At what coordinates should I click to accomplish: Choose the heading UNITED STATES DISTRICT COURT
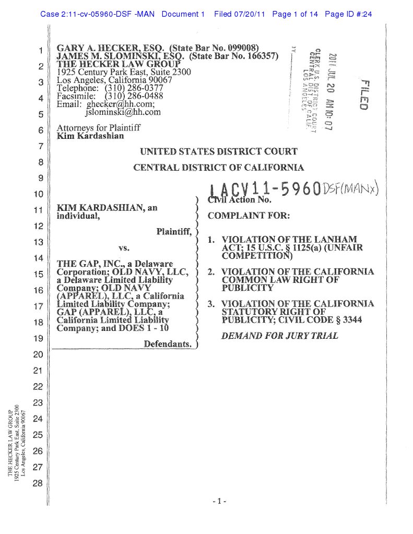point(219,152)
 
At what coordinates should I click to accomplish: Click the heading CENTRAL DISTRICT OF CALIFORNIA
point(218,168)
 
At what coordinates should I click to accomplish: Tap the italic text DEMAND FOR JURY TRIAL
point(280,336)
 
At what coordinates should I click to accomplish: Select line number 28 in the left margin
point(37,483)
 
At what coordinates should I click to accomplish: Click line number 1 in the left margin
point(40,51)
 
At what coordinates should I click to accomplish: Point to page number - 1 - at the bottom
point(219,502)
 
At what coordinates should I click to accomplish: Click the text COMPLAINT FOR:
point(249,216)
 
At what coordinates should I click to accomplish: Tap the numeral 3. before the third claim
point(211,304)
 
